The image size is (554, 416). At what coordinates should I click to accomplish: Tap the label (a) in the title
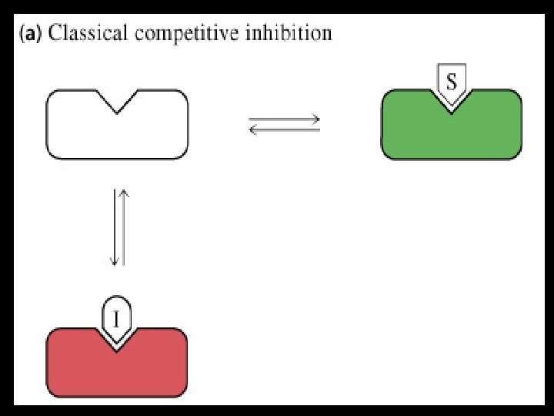click(32, 34)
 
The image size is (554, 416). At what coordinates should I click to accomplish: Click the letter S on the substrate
click(451, 79)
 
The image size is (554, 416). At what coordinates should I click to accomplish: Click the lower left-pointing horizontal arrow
click(285, 129)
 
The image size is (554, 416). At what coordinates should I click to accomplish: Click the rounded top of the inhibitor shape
click(116, 299)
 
